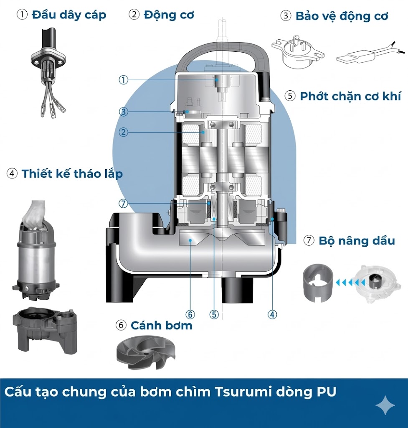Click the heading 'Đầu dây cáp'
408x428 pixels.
(x=69, y=15)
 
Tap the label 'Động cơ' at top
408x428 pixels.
(x=169, y=15)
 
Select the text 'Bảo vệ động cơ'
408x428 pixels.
(x=342, y=16)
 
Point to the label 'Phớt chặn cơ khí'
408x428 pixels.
(x=350, y=96)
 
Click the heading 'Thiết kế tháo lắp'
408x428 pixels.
(x=72, y=173)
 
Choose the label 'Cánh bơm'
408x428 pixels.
(x=161, y=325)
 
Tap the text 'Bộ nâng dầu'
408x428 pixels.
(x=356, y=241)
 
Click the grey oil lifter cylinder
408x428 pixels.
(x=318, y=282)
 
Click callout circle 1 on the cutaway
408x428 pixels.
(x=123, y=80)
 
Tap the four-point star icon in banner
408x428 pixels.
(x=385, y=405)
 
